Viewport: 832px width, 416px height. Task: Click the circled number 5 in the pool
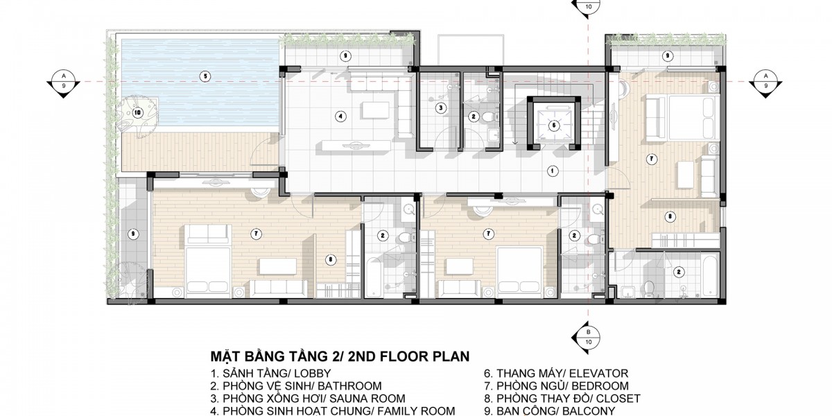point(205,76)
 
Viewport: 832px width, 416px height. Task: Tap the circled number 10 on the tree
point(138,112)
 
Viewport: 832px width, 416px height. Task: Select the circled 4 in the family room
point(340,116)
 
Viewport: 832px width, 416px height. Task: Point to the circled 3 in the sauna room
point(440,108)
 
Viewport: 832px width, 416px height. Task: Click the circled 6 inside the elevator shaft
point(554,125)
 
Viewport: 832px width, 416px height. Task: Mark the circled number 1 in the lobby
point(553,171)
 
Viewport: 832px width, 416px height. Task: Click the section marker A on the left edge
point(64,82)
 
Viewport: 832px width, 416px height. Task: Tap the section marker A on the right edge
point(765,82)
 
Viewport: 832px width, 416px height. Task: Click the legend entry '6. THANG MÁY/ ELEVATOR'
point(556,373)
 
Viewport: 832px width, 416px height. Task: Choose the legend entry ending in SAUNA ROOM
point(308,399)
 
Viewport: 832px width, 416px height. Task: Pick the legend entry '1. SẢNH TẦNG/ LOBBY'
point(271,373)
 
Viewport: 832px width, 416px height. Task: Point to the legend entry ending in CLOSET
point(562,399)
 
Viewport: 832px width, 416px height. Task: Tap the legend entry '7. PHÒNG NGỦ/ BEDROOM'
point(556,386)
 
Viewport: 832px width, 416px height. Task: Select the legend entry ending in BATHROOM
point(296,386)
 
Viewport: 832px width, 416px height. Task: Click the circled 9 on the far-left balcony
point(132,234)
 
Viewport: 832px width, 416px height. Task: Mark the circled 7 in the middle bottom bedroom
point(488,234)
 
